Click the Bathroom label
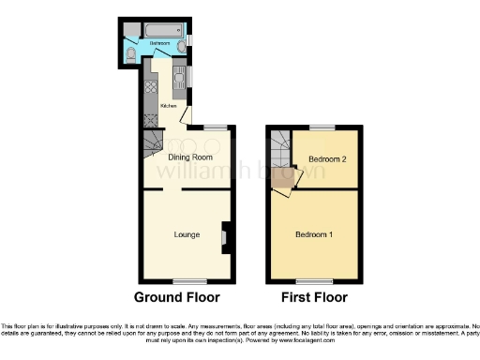coord(159,43)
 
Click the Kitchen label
coord(169,106)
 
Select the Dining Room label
coord(187,157)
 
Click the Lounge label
coord(186,233)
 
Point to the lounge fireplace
coord(224,237)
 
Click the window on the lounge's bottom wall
coord(187,280)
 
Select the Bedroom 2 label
coord(327,159)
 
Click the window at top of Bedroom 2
coord(323,127)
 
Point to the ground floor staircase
coord(153,143)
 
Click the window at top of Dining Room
coord(217,127)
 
